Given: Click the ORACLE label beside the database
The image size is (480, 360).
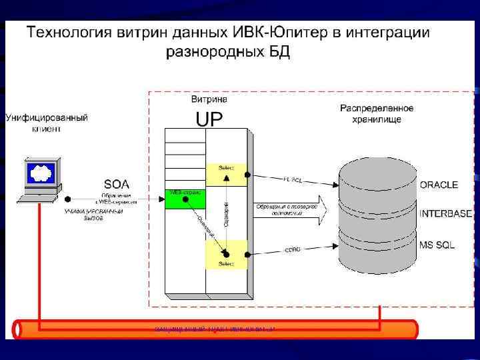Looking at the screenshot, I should click(x=439, y=185).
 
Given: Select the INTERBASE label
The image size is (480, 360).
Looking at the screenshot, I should click(x=446, y=214).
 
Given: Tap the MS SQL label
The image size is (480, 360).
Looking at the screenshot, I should click(x=437, y=245).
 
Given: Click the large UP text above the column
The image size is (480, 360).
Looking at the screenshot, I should click(x=208, y=119).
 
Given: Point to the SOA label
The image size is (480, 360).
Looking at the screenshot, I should click(x=117, y=183).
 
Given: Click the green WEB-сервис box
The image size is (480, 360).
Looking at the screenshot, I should click(x=185, y=197).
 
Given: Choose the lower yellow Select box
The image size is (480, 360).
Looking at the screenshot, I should click(x=227, y=254).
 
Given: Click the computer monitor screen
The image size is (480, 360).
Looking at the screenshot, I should click(x=40, y=175).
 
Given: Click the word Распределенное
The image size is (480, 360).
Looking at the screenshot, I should click(x=377, y=108).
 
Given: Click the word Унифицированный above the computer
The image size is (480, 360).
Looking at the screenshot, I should click(x=47, y=118).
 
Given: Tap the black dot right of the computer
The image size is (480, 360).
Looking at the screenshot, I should click(x=68, y=198).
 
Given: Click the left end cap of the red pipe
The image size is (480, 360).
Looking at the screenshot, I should click(x=18, y=329).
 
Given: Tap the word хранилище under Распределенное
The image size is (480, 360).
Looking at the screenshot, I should click(x=377, y=119).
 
